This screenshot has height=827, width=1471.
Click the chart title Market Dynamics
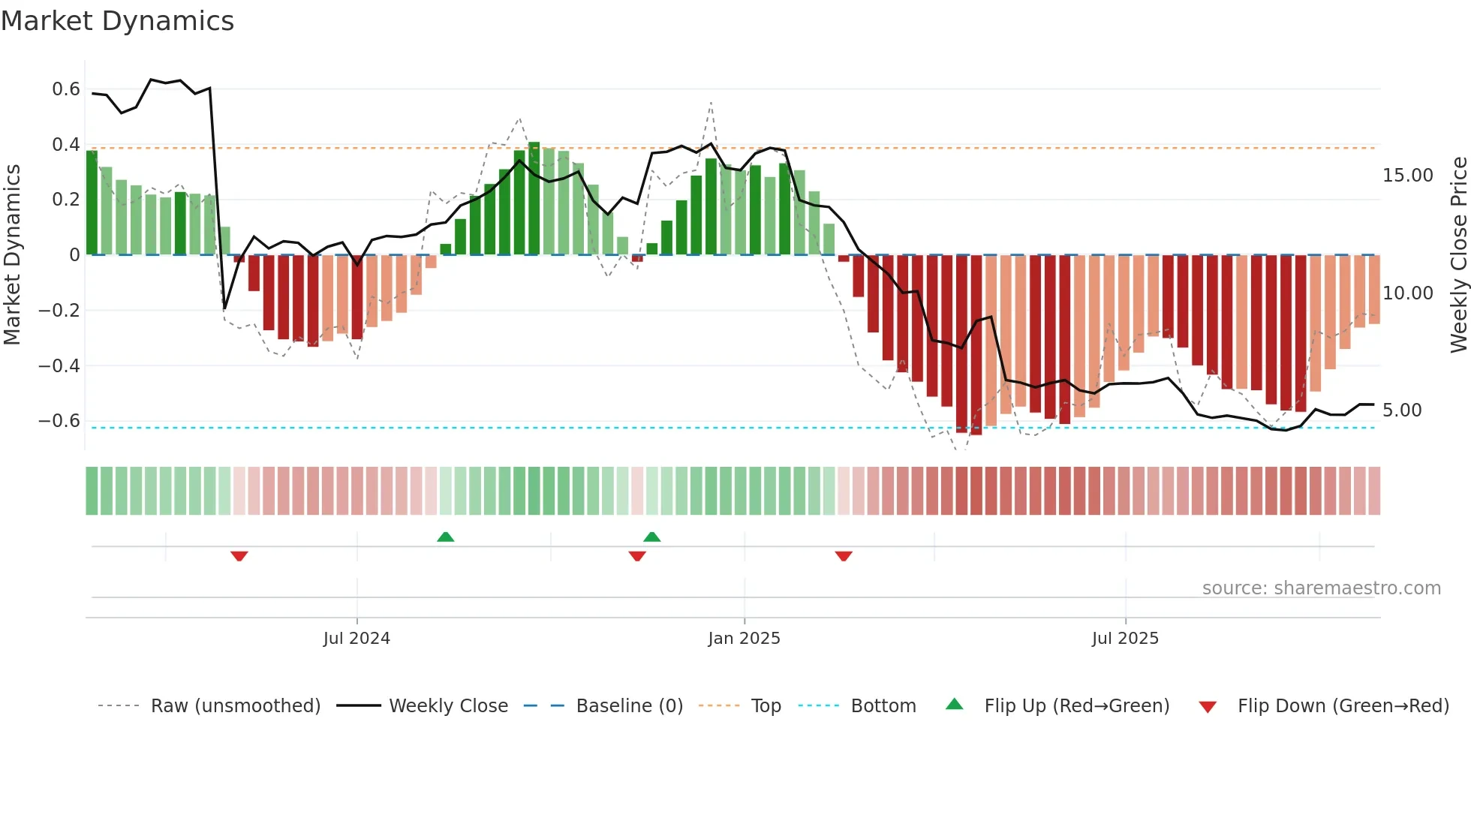pyautogui.click(x=117, y=21)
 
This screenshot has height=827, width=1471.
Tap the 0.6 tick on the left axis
pyautogui.click(x=66, y=89)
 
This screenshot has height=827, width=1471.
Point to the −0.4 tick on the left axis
pyautogui.click(x=59, y=365)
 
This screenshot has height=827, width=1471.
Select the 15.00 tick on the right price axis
pyautogui.click(x=1407, y=176)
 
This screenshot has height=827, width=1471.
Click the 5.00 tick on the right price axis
pyautogui.click(x=1402, y=410)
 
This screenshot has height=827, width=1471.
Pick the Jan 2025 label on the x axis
pyautogui.click(x=744, y=639)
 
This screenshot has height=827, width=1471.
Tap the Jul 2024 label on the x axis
pyautogui.click(x=356, y=639)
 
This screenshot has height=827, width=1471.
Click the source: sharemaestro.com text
pyautogui.click(x=1321, y=588)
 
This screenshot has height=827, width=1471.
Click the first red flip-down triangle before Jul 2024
pyautogui.click(x=239, y=556)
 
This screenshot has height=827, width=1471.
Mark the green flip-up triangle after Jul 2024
pyautogui.click(x=446, y=537)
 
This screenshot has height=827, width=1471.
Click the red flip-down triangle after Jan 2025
pyautogui.click(x=844, y=556)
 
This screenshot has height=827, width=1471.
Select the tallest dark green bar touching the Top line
pyautogui.click(x=534, y=199)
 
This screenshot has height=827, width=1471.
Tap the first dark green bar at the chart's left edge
pyautogui.click(x=92, y=203)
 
